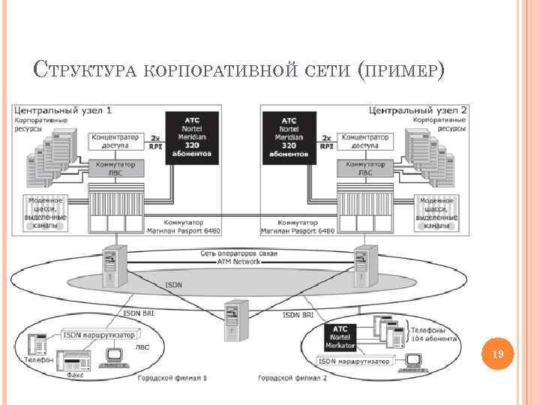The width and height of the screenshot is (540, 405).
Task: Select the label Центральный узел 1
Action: (x=63, y=110)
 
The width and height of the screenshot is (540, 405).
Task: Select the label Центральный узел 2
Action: (x=418, y=110)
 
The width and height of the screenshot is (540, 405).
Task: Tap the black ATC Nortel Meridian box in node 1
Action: (x=192, y=138)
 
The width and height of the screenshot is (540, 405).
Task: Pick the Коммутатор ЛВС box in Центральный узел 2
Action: (x=364, y=167)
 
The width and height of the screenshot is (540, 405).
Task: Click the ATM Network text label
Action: (x=238, y=262)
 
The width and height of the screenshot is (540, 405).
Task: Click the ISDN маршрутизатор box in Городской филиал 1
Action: (x=99, y=334)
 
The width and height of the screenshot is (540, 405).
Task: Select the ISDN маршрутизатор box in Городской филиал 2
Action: (x=355, y=361)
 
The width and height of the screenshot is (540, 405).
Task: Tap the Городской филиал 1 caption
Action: (x=172, y=378)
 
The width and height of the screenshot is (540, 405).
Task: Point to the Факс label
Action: (x=74, y=373)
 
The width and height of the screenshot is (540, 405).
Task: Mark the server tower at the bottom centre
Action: (x=235, y=319)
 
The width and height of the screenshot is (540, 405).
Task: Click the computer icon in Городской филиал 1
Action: (x=117, y=357)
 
